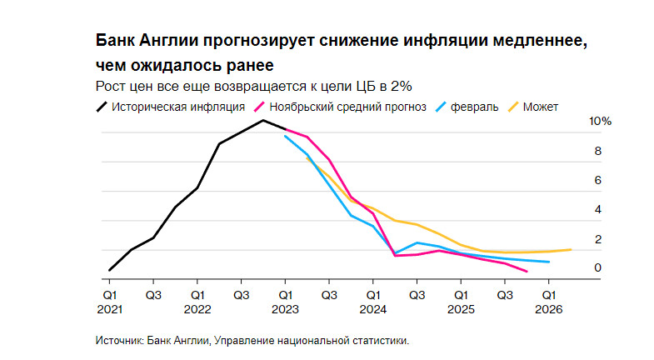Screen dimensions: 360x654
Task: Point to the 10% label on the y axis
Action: click(601, 122)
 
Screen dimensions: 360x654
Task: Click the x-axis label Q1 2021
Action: click(110, 302)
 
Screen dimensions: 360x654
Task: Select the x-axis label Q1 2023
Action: click(285, 302)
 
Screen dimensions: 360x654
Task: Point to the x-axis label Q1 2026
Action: click(548, 302)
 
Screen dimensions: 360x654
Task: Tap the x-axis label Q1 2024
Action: click(372, 302)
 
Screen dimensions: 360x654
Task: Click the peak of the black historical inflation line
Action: click(263, 120)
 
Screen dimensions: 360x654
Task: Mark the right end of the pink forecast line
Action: click(526, 272)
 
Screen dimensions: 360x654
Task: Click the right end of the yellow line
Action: click(571, 249)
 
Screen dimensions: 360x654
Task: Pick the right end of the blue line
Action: click(548, 262)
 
